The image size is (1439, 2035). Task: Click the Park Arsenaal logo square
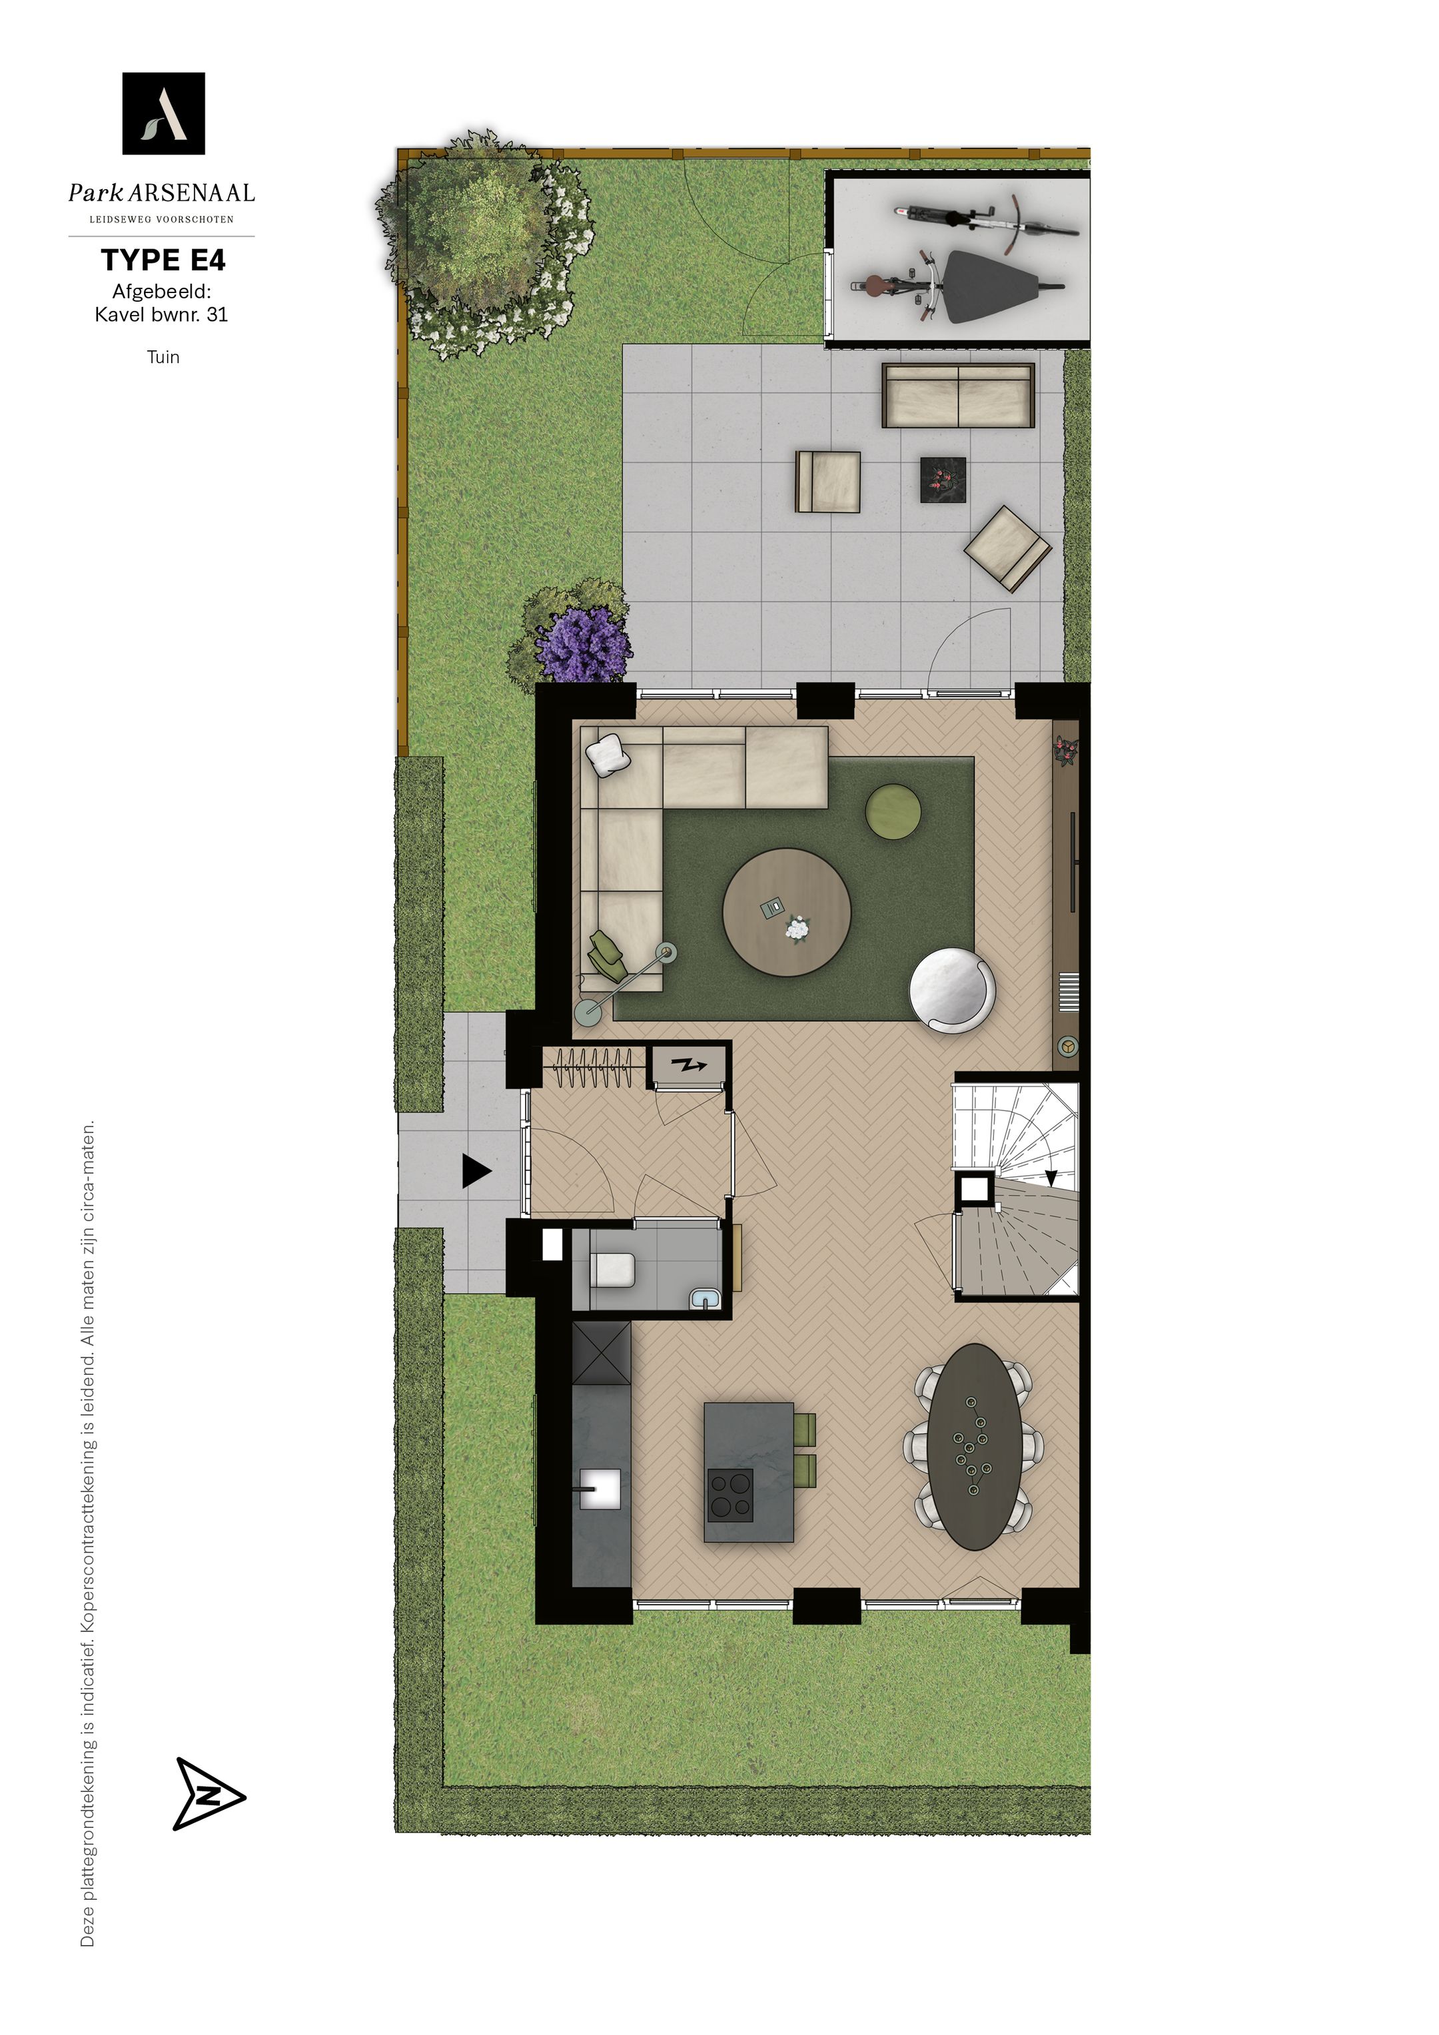click(164, 113)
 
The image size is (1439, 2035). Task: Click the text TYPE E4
click(163, 260)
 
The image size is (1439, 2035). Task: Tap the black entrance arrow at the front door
click(476, 1171)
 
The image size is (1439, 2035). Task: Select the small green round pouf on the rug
click(893, 811)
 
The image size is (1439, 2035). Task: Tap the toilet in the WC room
click(613, 1268)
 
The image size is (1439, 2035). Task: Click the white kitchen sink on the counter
click(600, 1488)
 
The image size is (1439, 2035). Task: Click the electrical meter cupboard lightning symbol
click(689, 1064)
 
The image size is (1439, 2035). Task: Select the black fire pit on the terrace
click(943, 480)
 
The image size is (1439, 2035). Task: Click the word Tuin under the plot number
click(163, 357)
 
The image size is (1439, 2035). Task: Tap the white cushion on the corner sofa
click(608, 756)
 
